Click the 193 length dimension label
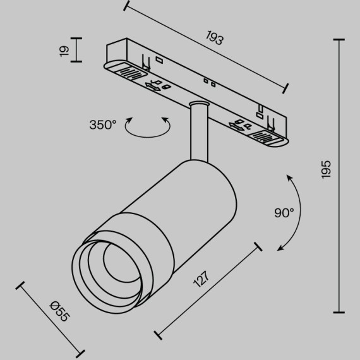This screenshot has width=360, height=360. click(215, 39)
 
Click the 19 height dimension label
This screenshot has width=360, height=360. click(64, 51)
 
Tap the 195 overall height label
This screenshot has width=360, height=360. click(325, 170)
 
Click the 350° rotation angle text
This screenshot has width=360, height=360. click(102, 124)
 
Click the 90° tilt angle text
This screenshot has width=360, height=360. click(284, 213)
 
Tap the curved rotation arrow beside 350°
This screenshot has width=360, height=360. click(148, 129)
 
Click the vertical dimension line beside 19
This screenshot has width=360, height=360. click(77, 50)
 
